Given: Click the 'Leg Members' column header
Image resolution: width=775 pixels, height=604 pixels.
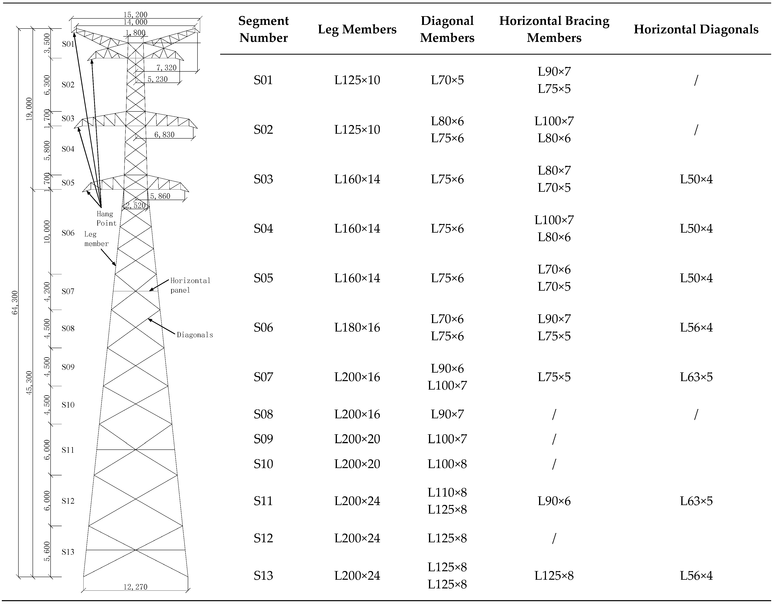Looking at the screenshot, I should pos(357,29).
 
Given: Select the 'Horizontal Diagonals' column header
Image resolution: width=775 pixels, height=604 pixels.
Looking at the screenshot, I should pos(696,29).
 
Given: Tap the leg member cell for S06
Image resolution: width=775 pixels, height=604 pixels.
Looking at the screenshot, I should pos(357,327).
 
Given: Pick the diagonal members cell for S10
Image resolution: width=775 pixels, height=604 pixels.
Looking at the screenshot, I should pos(447,464).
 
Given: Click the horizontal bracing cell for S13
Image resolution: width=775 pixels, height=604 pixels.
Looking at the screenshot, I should pos(554,575).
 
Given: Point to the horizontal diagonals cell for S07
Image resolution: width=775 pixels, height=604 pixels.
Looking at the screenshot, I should pos(696,377).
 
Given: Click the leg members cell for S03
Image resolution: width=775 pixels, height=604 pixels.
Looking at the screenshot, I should pos(357,179).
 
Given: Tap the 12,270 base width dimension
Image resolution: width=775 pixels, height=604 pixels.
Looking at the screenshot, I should pos(135,587).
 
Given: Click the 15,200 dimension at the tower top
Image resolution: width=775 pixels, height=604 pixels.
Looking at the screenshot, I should pos(135,15).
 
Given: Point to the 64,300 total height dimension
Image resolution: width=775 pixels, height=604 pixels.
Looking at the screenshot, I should pos(15,302).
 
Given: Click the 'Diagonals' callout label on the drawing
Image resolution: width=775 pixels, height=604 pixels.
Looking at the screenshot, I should pos(195,335).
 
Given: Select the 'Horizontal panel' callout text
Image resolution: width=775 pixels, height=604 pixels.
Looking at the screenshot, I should pos(190,285).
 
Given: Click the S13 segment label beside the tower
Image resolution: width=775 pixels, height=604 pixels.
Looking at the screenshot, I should pos(68,552).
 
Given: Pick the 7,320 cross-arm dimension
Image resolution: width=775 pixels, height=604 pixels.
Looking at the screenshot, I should pos(166,67).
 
